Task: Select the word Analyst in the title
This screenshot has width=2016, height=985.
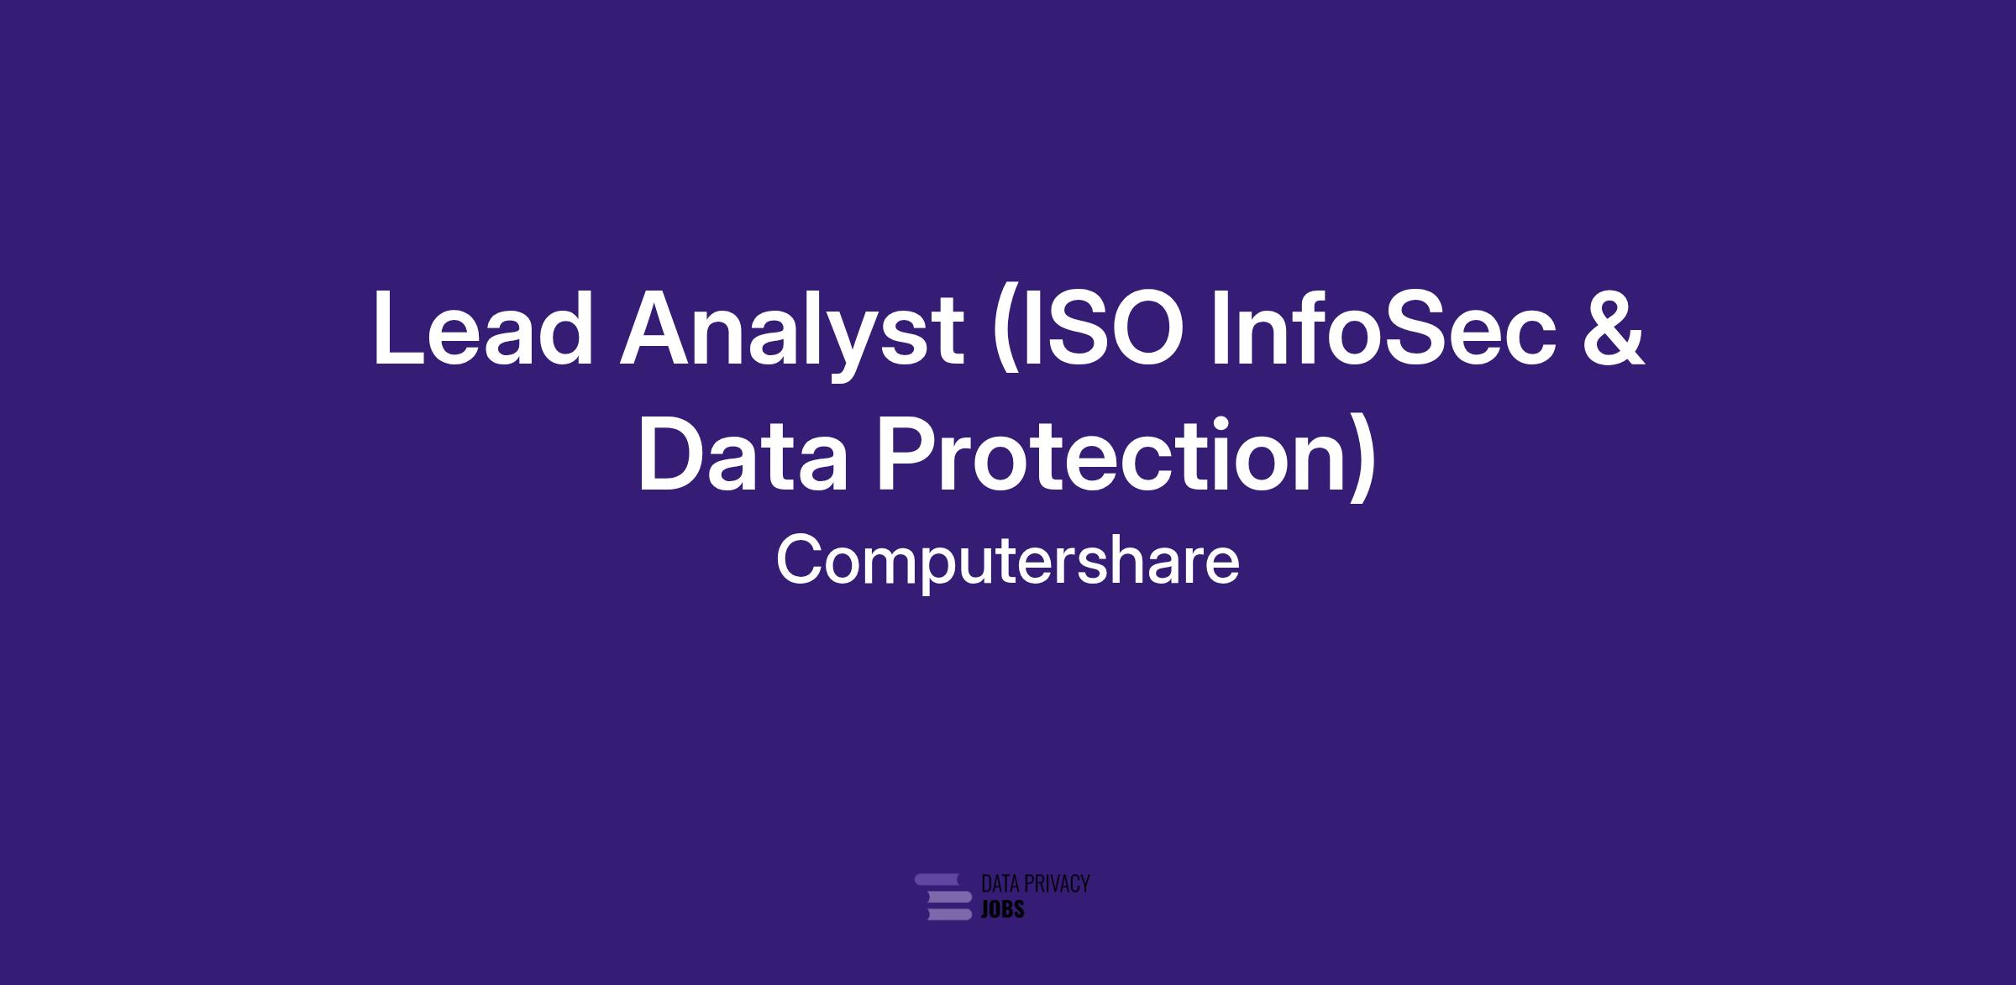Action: tap(792, 334)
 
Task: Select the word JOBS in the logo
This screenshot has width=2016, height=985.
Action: tap(1003, 909)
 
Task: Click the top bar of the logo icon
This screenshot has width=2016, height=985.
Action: tap(937, 879)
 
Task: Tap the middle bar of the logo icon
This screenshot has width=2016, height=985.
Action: tap(950, 897)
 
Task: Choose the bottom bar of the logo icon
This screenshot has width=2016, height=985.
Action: tap(949, 914)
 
